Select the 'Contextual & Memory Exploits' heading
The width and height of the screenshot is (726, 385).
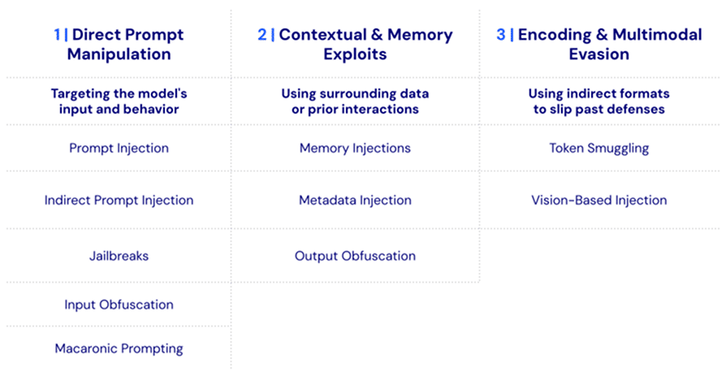coord(355,45)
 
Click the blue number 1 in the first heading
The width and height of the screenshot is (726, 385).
coord(58,35)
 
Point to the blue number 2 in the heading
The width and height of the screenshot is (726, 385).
coord(261,35)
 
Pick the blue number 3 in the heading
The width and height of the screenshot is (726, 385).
coord(501,35)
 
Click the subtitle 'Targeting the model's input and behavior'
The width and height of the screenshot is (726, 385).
coord(119,101)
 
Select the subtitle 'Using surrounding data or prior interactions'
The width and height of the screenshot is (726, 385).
coord(355,101)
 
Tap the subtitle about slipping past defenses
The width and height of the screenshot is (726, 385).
coord(599,101)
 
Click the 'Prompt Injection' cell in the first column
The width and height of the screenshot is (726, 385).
coord(119,148)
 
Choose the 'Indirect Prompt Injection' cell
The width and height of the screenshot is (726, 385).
coord(119,200)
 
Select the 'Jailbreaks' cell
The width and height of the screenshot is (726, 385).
coord(119,256)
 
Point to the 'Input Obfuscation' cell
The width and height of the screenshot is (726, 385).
coord(119,305)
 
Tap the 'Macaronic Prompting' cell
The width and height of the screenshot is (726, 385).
coord(119,348)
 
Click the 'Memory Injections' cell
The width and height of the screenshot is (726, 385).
coord(355,148)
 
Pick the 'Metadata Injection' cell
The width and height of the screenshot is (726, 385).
coord(355,200)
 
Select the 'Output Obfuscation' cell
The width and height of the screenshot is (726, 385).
coord(355,256)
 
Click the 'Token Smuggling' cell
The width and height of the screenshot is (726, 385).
coord(599,148)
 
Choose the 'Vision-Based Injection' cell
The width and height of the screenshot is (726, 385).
coord(599,200)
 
